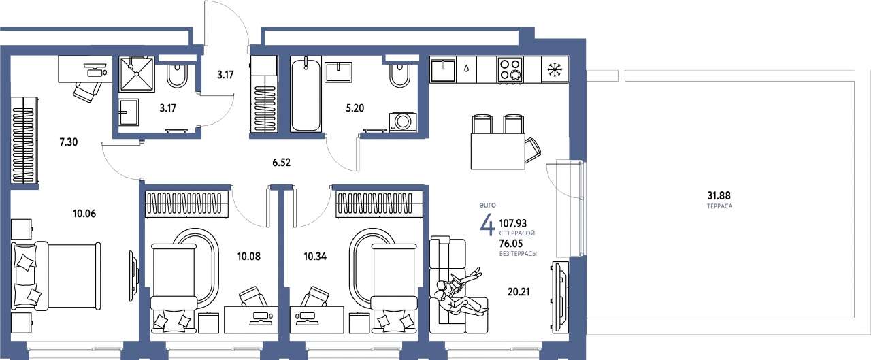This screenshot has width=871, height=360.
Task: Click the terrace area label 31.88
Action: point(719,195)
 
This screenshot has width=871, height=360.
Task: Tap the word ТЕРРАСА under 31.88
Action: point(719,206)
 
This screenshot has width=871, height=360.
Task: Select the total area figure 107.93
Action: point(513,223)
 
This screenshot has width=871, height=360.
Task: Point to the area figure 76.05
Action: point(511,244)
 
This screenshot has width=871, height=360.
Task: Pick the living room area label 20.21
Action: point(519,291)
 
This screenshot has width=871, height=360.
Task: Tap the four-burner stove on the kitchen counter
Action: point(510,69)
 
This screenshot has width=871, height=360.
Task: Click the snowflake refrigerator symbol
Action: point(555,69)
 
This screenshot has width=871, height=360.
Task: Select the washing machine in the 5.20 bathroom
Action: point(403,122)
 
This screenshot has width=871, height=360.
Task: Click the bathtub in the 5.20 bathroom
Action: point(306,94)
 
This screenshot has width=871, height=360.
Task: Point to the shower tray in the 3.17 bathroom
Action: point(137,74)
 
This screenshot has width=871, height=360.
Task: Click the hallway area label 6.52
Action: point(281,163)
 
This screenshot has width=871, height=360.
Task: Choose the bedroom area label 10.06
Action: point(84,214)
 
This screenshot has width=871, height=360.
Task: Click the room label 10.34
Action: point(315,256)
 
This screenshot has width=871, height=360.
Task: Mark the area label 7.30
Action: point(69,142)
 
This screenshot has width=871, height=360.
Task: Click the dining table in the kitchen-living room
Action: point(497,151)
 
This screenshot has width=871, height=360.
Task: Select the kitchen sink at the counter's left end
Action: point(443,70)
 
